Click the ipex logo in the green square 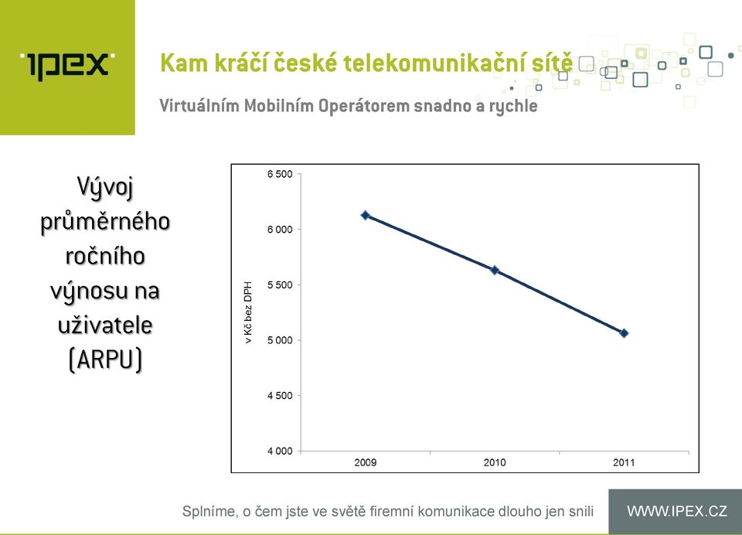pos(67,65)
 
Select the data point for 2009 pos(366,216)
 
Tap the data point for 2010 pos(495,271)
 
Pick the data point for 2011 pos(625,333)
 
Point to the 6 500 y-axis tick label pos(280,174)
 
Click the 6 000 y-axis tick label pos(280,230)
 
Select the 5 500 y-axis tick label pos(280,285)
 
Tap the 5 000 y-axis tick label pos(280,340)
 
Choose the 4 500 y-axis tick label pos(280,396)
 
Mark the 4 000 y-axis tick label pos(280,452)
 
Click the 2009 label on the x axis pos(366,462)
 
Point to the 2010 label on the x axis pos(495,462)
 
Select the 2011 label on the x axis pos(625,462)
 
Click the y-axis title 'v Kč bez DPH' pos(248,312)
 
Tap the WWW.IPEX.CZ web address pos(677,511)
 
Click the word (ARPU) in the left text pos(105,360)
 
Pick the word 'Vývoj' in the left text pos(105,188)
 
